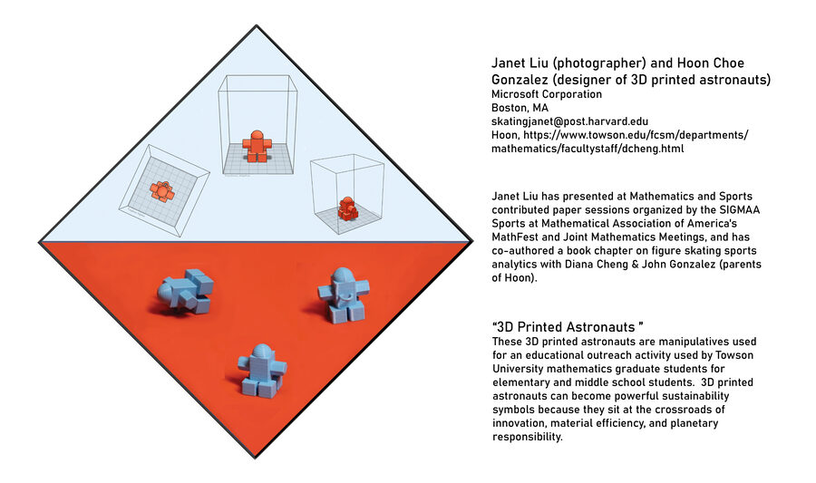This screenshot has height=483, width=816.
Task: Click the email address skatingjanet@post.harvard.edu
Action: click(x=570, y=121)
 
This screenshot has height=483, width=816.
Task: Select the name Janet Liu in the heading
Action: click(x=520, y=63)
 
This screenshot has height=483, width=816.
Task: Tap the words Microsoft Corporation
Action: click(x=547, y=94)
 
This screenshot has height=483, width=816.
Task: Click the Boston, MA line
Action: click(x=520, y=108)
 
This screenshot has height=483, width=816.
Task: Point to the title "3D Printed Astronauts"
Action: click(x=568, y=327)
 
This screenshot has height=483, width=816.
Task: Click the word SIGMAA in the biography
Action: click(x=739, y=210)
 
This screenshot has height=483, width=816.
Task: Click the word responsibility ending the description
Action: click(x=528, y=437)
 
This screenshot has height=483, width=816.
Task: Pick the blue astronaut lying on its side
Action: click(x=186, y=292)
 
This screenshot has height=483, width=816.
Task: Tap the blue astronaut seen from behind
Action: click(x=262, y=371)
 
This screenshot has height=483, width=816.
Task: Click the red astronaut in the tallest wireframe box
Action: click(x=257, y=146)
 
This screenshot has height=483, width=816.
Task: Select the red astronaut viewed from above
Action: click(x=162, y=192)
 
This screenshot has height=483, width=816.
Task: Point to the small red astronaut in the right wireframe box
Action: click(x=347, y=209)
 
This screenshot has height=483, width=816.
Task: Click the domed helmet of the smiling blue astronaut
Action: click(x=343, y=275)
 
